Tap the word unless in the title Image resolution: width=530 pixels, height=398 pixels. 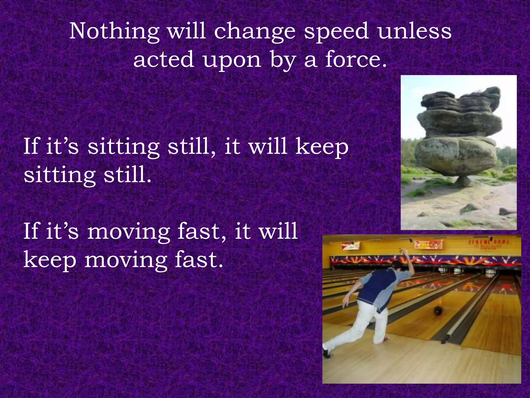pyautogui.click(x=414, y=31)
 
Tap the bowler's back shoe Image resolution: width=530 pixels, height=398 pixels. pyautogui.click(x=327, y=352)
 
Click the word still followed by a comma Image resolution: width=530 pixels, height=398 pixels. pyautogui.click(x=192, y=146)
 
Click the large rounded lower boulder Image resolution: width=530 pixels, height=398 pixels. pyautogui.click(x=455, y=155)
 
